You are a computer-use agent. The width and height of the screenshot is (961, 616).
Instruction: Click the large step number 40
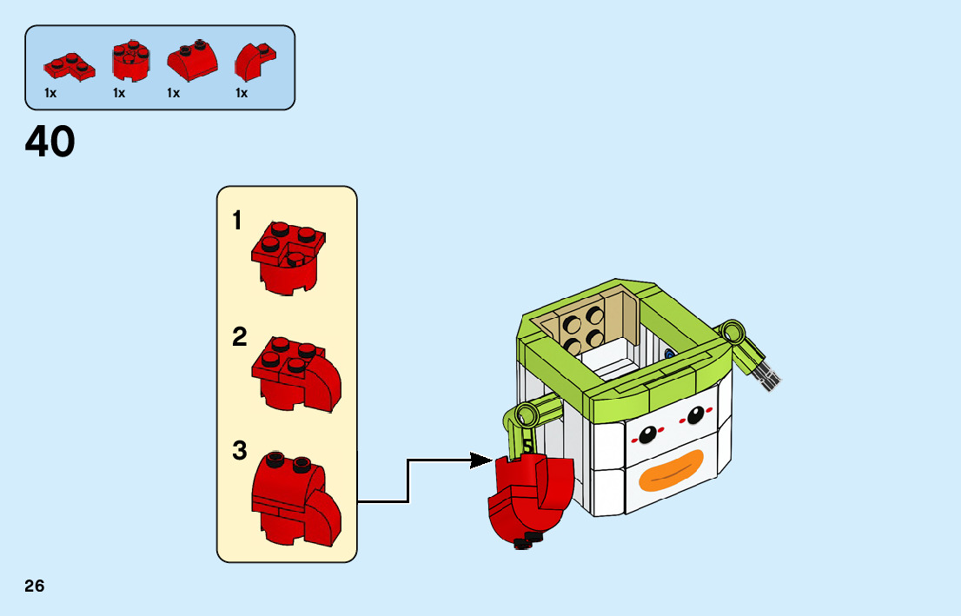[50, 142]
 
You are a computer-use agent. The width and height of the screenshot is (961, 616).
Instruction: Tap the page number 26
[35, 586]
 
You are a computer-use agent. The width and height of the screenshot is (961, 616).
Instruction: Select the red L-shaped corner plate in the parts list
[70, 67]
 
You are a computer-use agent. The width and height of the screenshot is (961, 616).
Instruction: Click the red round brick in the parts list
[130, 61]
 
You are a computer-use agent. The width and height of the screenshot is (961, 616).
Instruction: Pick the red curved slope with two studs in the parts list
[192, 61]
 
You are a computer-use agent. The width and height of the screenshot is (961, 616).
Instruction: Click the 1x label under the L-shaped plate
[50, 93]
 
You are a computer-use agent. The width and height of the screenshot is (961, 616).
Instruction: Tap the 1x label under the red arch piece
[242, 93]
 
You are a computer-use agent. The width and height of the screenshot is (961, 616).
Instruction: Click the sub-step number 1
[237, 221]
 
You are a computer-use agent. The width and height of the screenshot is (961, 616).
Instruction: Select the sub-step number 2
[239, 337]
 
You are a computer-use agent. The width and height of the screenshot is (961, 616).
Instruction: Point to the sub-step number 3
[239, 451]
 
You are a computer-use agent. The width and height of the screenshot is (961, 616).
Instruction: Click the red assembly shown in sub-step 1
[288, 258]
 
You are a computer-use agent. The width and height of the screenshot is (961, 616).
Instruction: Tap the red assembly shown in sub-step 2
[296, 374]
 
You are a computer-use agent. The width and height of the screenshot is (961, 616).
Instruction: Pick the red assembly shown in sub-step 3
[296, 499]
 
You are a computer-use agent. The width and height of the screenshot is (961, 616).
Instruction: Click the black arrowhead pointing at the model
[481, 460]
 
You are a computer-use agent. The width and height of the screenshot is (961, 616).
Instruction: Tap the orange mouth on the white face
[672, 470]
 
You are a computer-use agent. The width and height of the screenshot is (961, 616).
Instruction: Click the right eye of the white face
[696, 415]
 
